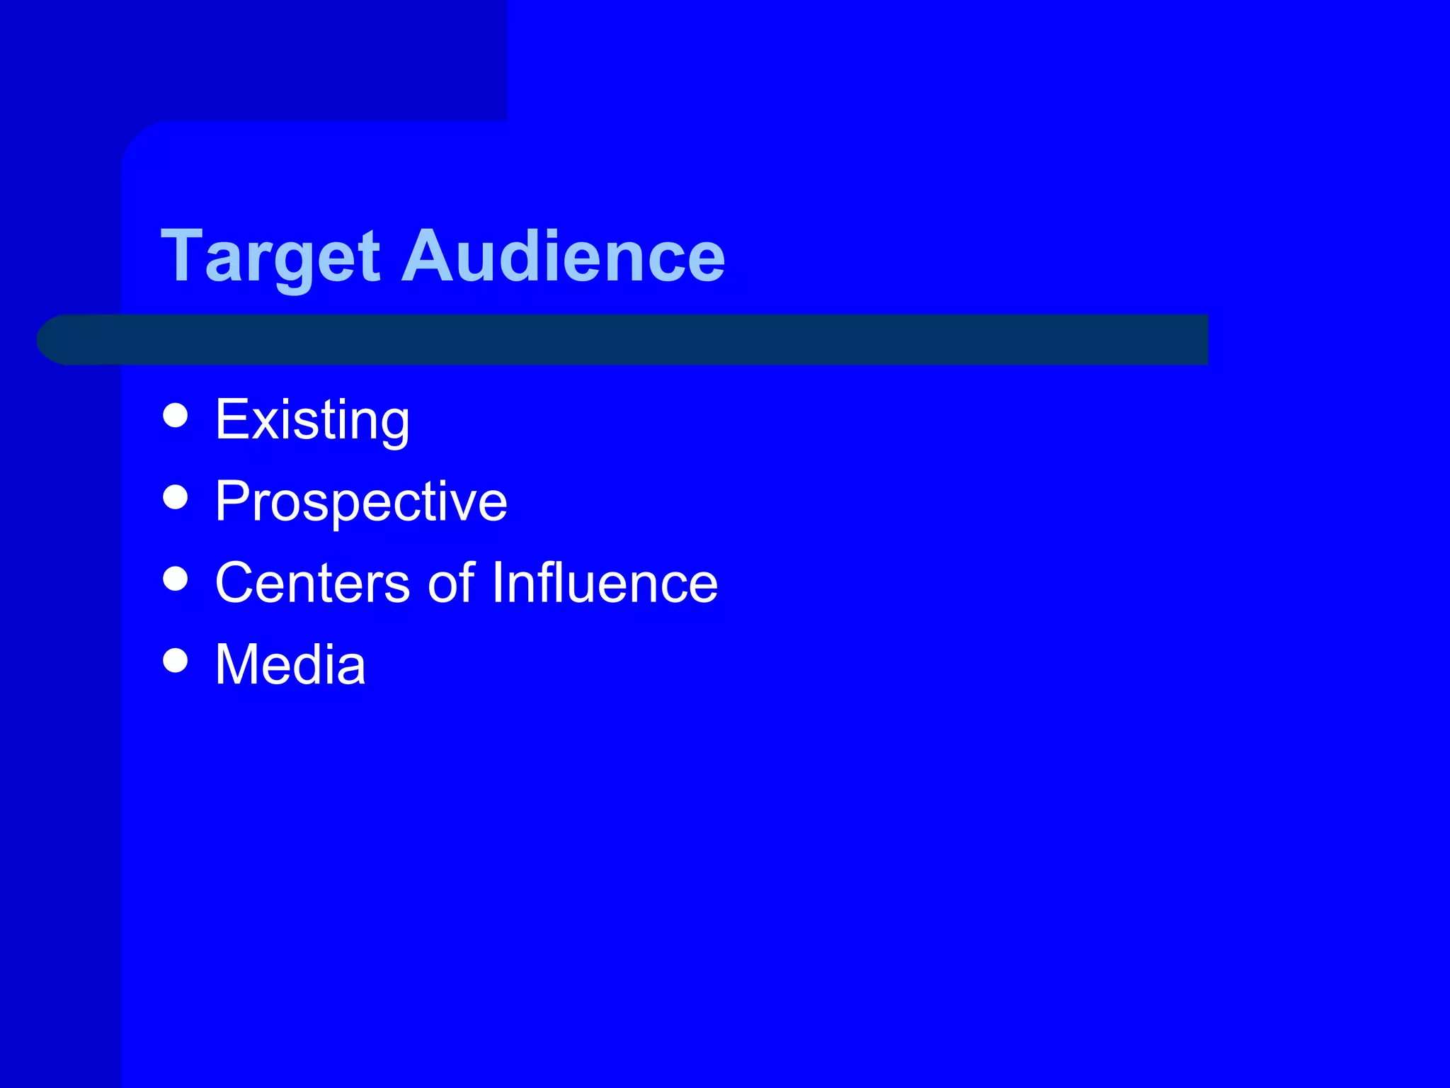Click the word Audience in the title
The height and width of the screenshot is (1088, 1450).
coord(564,256)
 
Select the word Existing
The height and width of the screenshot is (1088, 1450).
coord(312,420)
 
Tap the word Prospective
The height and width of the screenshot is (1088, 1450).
coord(361,501)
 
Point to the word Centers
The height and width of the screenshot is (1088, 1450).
coord(312,583)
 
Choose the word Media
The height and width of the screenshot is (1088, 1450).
coord(290,664)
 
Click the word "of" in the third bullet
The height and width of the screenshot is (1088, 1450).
coord(451,583)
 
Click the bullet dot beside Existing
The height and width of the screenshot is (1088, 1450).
coord(175,416)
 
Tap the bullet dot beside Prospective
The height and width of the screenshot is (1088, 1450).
coord(175,497)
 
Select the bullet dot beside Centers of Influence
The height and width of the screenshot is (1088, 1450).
coord(175,579)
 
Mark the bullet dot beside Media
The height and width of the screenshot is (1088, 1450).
coord(175,660)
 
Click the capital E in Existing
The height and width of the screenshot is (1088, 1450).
coord(231,419)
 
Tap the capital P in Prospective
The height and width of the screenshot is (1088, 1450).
coord(232,501)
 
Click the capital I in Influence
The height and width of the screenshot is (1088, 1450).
coord(496,582)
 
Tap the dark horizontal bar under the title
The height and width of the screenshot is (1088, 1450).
coord(637,340)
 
